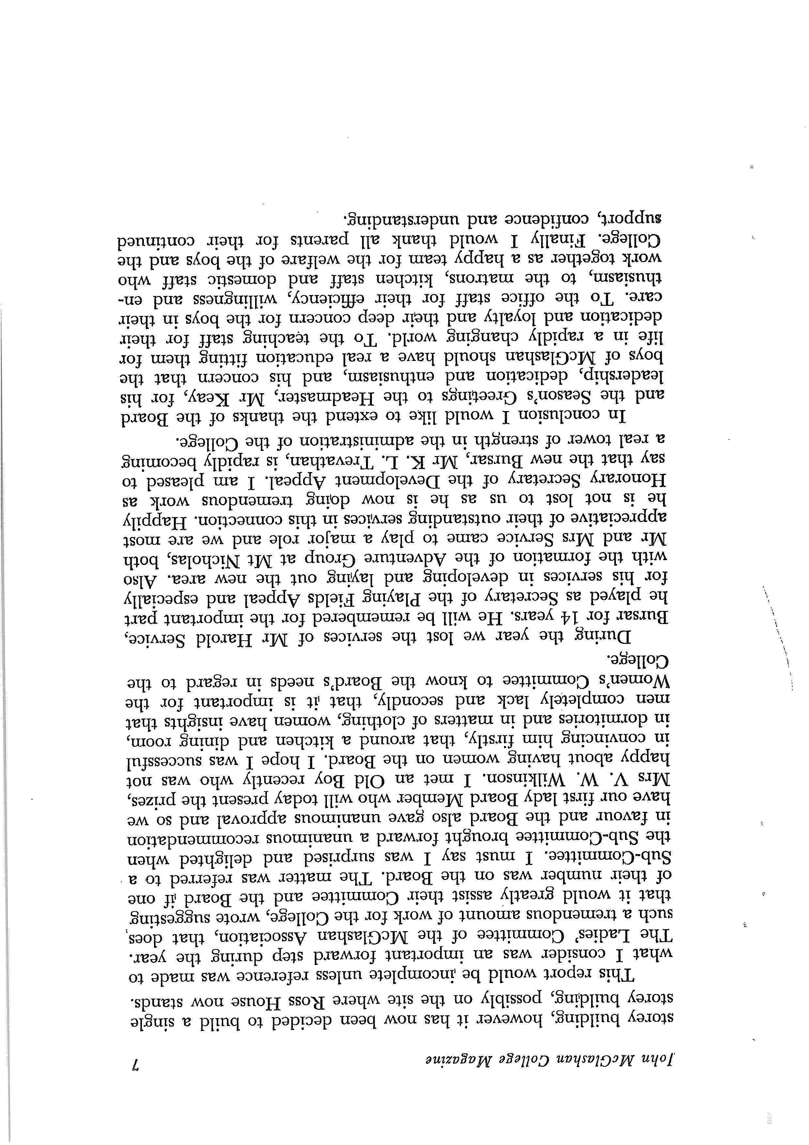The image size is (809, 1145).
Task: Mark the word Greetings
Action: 481,397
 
